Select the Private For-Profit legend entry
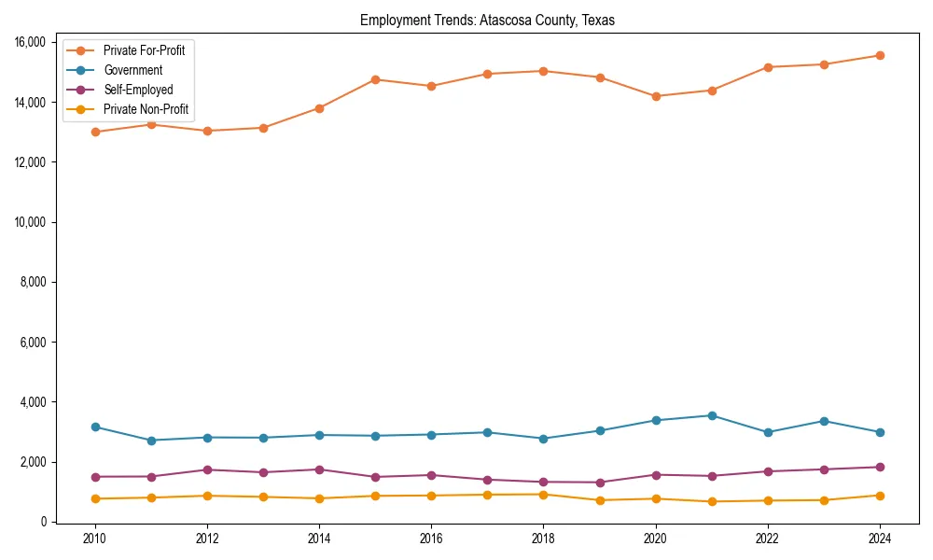(x=144, y=50)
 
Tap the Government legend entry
(x=132, y=70)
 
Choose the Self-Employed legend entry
(x=138, y=91)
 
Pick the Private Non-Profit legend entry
(x=146, y=110)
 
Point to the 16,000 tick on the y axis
(x=33, y=42)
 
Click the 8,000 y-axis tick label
(x=35, y=282)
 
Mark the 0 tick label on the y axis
(x=42, y=522)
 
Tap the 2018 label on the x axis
(x=543, y=538)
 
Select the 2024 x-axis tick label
(x=879, y=538)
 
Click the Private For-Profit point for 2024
(x=879, y=55)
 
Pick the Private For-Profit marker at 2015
(x=375, y=79)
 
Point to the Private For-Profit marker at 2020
(x=655, y=96)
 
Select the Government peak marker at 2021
(x=711, y=415)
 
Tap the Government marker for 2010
(x=95, y=427)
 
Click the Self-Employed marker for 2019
(x=599, y=483)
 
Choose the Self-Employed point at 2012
(x=207, y=469)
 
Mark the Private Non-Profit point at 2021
(x=711, y=501)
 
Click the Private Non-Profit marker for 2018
(x=543, y=494)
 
